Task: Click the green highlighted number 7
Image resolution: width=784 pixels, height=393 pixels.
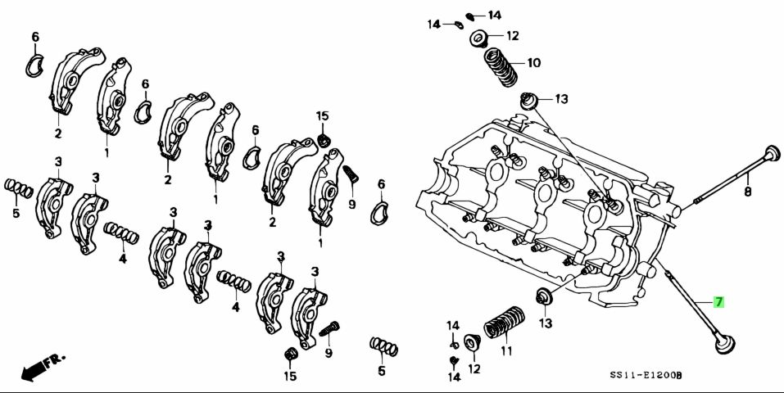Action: click(x=718, y=302)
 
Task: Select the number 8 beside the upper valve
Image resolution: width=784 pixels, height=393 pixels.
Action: click(x=747, y=192)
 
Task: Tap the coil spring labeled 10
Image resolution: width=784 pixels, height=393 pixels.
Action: click(x=499, y=68)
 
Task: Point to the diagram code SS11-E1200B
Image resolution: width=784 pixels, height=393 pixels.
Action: click(x=646, y=374)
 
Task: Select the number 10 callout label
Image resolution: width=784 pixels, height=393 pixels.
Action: click(x=533, y=62)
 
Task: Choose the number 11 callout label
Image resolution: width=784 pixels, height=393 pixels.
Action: click(x=506, y=351)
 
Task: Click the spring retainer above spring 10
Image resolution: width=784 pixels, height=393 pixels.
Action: click(x=479, y=38)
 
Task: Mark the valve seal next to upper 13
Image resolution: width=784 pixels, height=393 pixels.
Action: click(x=531, y=101)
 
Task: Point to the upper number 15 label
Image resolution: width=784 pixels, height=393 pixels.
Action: click(x=322, y=115)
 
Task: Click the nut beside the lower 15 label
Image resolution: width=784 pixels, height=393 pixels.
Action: click(x=289, y=354)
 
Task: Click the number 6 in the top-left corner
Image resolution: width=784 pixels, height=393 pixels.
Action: click(x=35, y=37)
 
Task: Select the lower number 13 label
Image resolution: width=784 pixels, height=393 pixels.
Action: click(x=546, y=323)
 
